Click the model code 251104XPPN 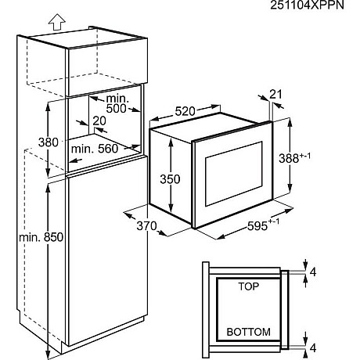tap(307, 5)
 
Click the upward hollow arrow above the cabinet tap(57, 22)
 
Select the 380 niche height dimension tap(48, 142)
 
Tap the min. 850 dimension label tap(41, 237)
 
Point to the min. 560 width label tap(95, 149)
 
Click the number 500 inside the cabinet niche tap(116, 108)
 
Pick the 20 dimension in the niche tap(99, 121)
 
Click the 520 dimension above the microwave tap(185, 111)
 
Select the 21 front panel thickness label tap(275, 94)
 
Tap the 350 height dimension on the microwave tap(170, 179)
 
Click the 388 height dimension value tap(289, 158)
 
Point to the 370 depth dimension tap(146, 226)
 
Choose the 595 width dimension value tap(257, 226)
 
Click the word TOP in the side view tap(249, 286)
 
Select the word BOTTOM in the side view tap(248, 332)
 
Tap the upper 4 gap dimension tap(313, 272)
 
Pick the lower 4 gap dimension tap(313, 347)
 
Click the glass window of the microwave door tap(234, 174)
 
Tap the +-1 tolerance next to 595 tap(274, 221)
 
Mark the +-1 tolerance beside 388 tap(305, 156)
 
